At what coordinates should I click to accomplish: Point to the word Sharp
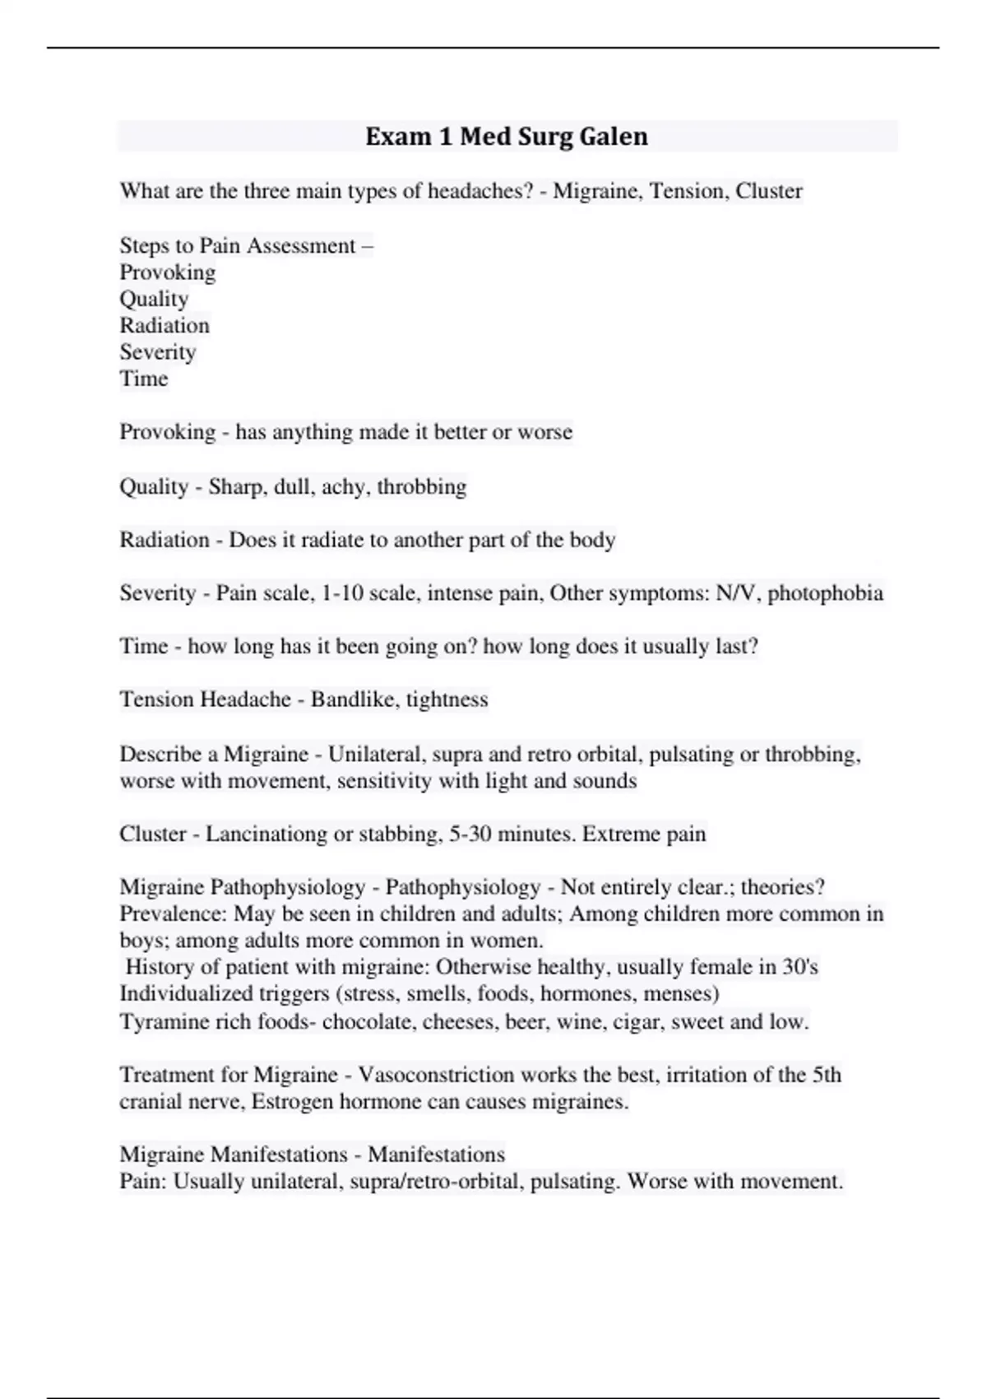coord(236,486)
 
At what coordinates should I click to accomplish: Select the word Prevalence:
coord(173,913)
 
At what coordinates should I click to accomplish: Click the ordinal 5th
coord(827,1075)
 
